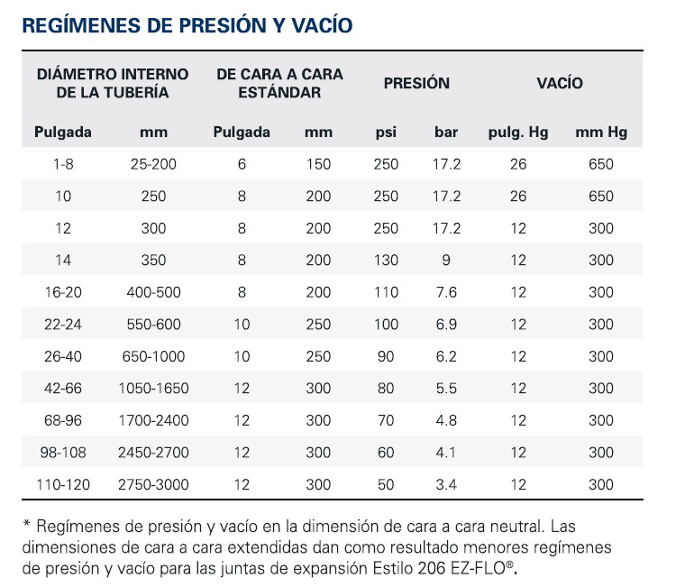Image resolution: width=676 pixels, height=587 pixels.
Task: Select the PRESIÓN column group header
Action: pyautogui.click(x=416, y=83)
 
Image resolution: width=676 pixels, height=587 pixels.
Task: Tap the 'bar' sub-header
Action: pyautogui.click(x=446, y=133)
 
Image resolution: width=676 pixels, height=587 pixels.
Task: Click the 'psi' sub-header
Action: pyautogui.click(x=386, y=133)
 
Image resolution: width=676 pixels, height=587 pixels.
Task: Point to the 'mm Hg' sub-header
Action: pyautogui.click(x=601, y=133)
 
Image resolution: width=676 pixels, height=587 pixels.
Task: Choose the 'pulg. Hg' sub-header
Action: pyautogui.click(x=518, y=133)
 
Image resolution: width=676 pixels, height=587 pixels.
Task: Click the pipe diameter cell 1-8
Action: pyautogui.click(x=63, y=164)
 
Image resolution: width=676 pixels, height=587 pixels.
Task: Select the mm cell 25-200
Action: pyautogui.click(x=154, y=164)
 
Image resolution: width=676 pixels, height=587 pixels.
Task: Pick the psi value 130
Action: pyautogui.click(x=386, y=260)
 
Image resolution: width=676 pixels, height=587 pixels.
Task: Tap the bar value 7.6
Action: pyautogui.click(x=446, y=292)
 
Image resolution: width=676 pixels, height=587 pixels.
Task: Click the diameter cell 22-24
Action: pyautogui.click(x=63, y=325)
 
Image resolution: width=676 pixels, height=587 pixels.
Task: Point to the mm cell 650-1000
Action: pyautogui.click(x=154, y=356)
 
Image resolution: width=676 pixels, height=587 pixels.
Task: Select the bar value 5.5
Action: pyautogui.click(x=446, y=389)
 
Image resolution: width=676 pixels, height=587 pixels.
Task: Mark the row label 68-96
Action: pyautogui.click(x=63, y=420)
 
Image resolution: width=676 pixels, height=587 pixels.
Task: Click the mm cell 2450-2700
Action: pyautogui.click(x=154, y=453)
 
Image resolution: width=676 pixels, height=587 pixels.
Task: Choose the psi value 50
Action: pyautogui.click(x=386, y=485)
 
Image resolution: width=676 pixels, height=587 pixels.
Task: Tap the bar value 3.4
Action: pyautogui.click(x=446, y=485)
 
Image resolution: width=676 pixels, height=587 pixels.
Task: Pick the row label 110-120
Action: pyautogui.click(x=63, y=485)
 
